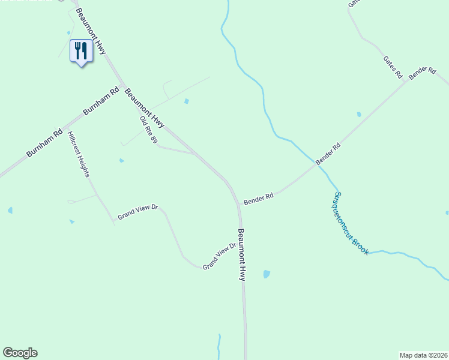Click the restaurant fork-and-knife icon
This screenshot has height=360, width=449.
81,51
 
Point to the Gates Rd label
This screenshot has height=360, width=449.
393,67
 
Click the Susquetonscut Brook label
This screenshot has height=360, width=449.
352,223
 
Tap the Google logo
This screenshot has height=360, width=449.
20,353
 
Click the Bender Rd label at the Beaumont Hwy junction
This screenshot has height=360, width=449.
259,199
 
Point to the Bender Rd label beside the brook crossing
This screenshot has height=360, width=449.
328,154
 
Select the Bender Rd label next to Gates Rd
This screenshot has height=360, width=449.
422,73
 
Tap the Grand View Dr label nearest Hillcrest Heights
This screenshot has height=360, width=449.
137,212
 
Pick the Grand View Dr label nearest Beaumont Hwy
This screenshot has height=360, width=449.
220,256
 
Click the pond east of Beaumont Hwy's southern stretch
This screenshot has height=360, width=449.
266,274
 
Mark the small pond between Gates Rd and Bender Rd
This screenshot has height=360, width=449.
359,114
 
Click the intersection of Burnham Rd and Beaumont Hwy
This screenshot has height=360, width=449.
122,85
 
